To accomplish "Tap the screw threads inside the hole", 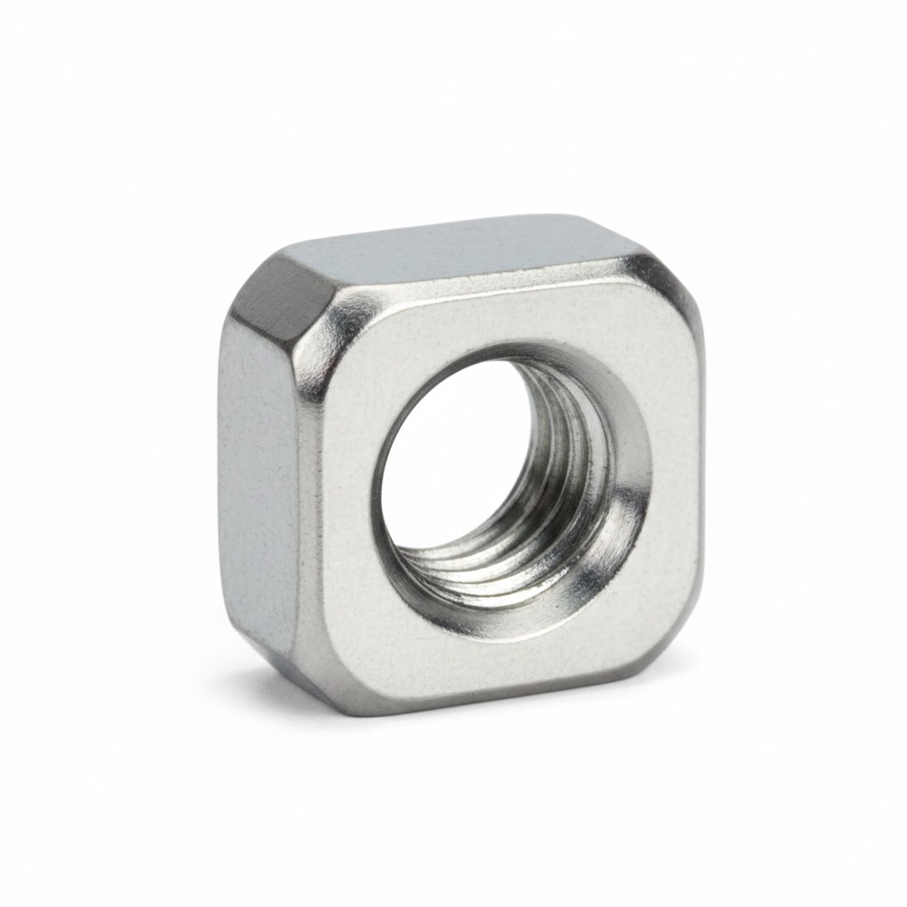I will (567, 496).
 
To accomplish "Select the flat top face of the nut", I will (461, 248).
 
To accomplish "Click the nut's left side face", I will (257, 478).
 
